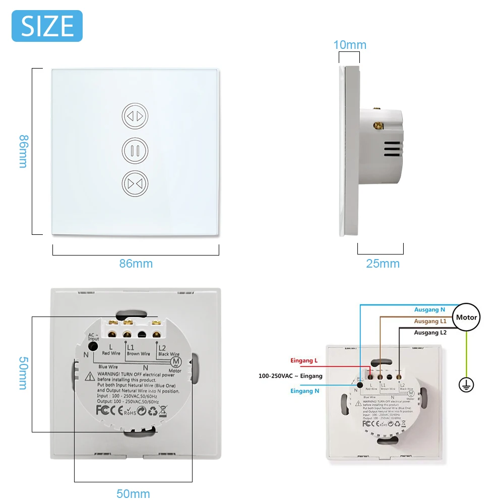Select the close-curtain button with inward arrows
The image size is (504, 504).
[135, 184]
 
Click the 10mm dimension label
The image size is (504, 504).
[350, 45]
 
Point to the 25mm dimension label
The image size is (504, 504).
[383, 264]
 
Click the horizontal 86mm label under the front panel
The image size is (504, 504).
[136, 264]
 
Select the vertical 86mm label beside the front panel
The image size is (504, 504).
[23, 151]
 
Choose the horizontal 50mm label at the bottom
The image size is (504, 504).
[133, 493]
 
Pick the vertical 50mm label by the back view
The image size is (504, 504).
[23, 373]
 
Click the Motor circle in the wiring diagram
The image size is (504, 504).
[466, 318]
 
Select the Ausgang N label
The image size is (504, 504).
[429, 309]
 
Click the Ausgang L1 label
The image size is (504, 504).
[430, 321]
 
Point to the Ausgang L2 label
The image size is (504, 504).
[430, 333]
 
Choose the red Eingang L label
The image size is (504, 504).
[304, 360]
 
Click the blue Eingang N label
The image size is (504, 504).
[305, 391]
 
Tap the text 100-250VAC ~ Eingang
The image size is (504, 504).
[290, 376]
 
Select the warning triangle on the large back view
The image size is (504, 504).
[89, 375]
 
